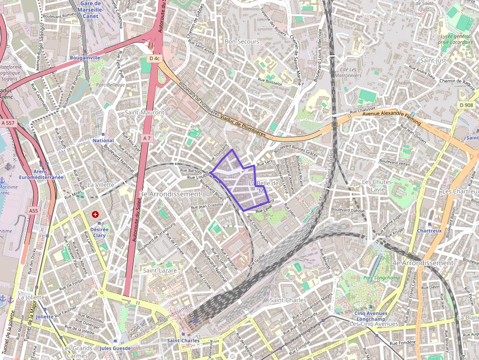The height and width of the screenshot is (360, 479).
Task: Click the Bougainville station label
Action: pos(85,58)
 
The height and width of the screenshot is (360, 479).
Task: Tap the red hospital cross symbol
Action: pos(95,214)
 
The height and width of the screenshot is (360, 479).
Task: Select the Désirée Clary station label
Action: pos(99,232)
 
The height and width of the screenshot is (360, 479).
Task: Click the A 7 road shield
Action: pos(147,139)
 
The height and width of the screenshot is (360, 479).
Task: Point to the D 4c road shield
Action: pos(154,59)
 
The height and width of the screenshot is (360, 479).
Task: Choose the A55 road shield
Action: pos(33,211)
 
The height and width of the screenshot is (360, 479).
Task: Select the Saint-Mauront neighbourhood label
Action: pos(145,112)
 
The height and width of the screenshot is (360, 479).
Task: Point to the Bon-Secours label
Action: pos(242,42)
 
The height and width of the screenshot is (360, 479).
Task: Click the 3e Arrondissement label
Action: pos(170,194)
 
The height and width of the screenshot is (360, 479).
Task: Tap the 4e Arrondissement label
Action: pos(423,263)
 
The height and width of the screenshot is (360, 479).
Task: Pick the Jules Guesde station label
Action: pos(115,348)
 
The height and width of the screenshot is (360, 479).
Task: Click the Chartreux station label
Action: pos(430,231)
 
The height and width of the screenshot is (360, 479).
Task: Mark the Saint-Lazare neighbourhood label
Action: pos(160,270)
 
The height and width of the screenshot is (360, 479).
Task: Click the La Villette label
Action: pos(101,185)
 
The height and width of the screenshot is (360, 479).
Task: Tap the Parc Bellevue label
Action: pos(110,85)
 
